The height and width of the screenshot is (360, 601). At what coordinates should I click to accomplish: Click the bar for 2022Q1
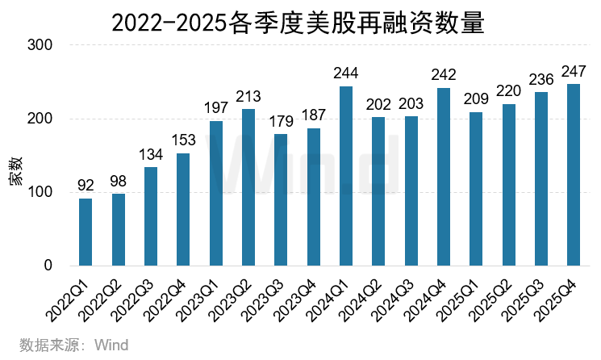click(86, 232)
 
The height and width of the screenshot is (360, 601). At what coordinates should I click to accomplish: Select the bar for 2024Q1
click(346, 176)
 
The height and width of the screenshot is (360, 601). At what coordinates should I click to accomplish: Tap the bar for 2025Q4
click(574, 174)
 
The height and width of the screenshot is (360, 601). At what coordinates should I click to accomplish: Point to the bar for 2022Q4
click(183, 209)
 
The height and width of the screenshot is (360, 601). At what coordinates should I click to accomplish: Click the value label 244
click(346, 73)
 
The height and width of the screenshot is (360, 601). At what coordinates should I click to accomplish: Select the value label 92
click(86, 186)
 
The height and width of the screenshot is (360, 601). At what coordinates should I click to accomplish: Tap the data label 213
click(248, 97)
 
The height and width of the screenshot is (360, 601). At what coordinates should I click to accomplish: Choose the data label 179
click(281, 122)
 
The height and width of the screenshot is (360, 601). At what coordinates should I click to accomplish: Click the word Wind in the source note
click(111, 345)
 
